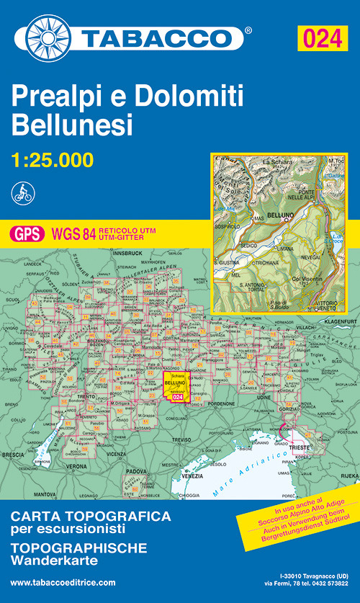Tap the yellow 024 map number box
[321, 37]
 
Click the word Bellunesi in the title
[73, 125]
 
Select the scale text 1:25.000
[53, 158]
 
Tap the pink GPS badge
[27, 233]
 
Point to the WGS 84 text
[73, 233]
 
